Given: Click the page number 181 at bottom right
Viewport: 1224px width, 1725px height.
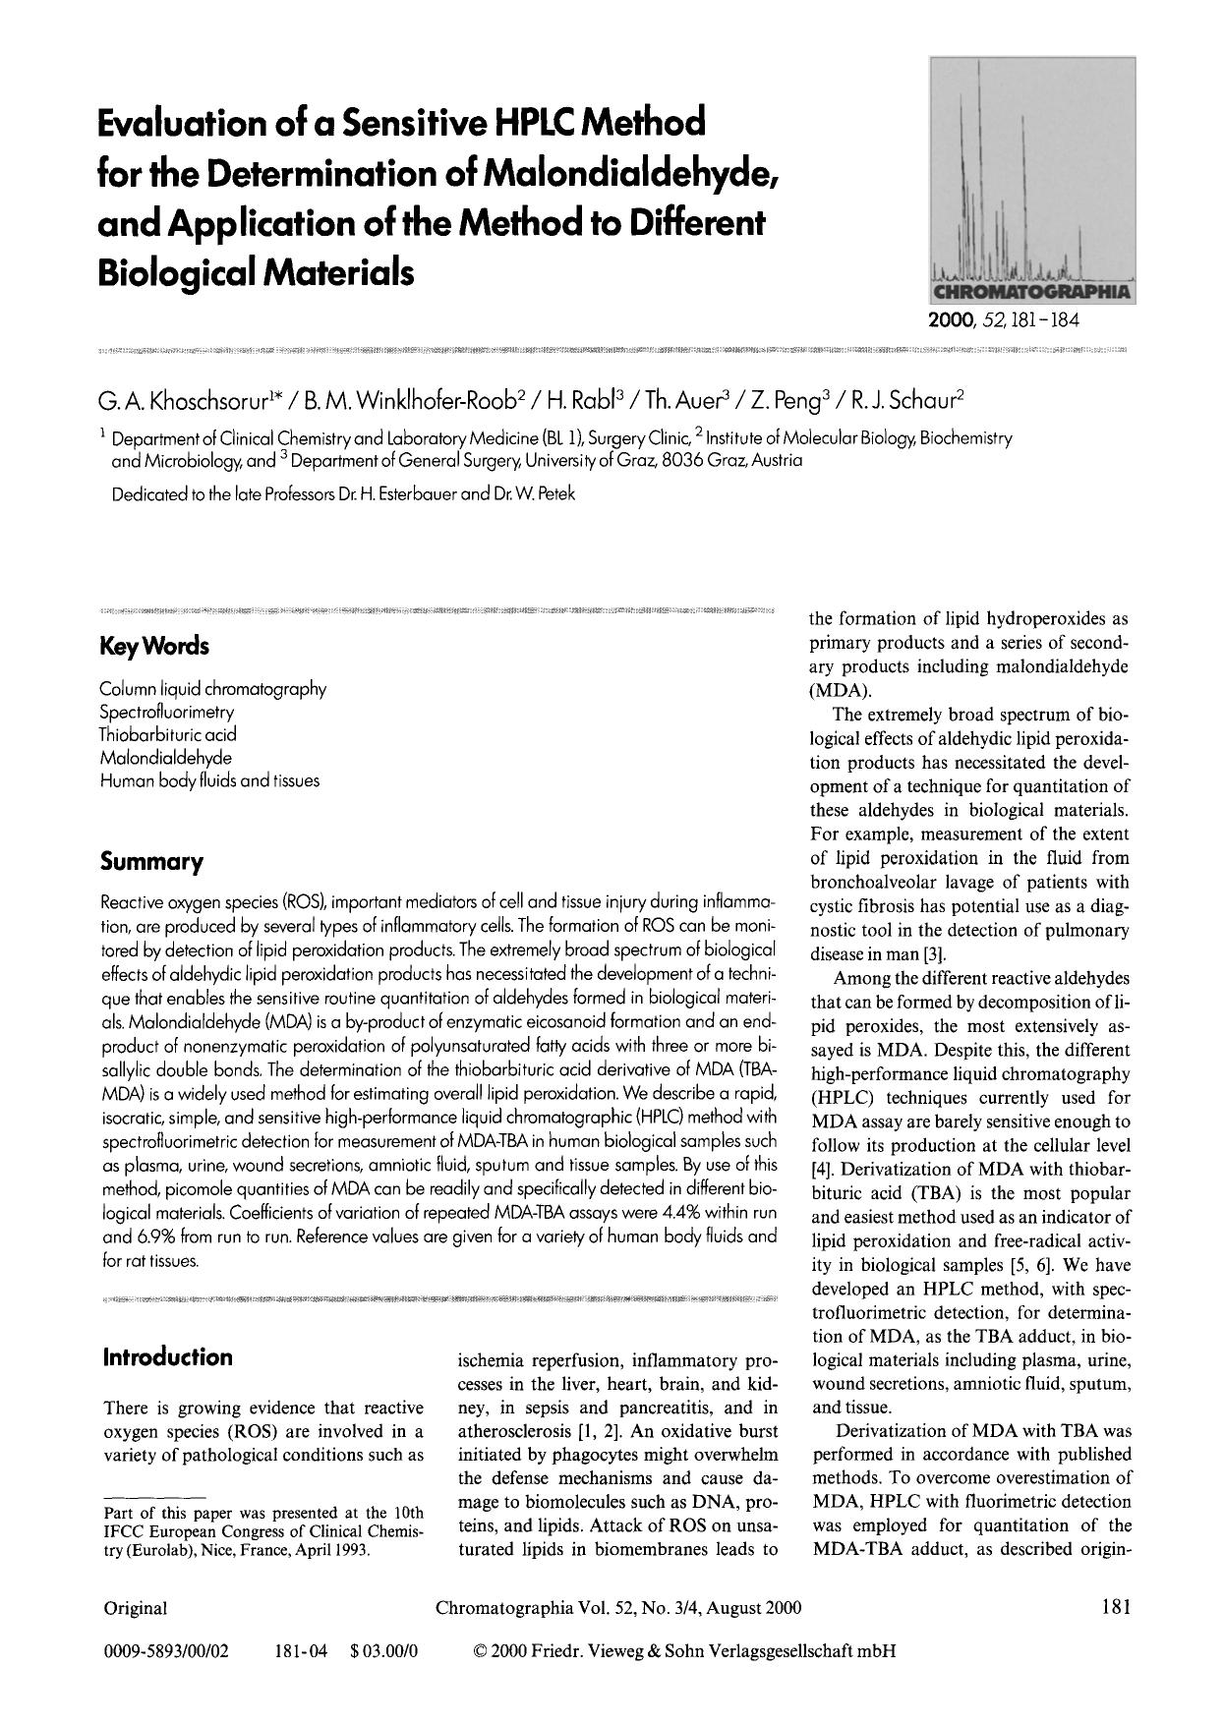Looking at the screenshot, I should tap(1116, 1608).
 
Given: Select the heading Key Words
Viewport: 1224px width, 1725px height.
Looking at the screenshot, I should tap(154, 647).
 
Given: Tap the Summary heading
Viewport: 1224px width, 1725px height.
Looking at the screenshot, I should tap(151, 863).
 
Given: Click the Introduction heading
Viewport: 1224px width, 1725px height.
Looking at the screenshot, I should tap(167, 1357).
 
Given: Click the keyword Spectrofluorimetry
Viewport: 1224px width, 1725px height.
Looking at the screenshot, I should tap(167, 712).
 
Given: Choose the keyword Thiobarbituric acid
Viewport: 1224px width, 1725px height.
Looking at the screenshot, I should tap(168, 734).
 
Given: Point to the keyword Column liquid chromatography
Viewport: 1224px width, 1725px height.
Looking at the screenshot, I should tap(212, 689).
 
